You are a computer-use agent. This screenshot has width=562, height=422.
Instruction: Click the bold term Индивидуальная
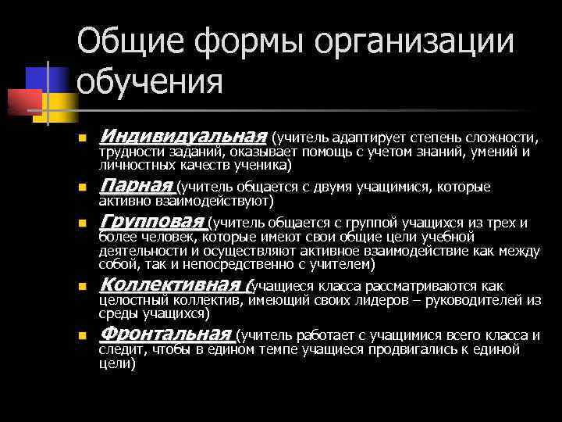pyautogui.click(x=183, y=138)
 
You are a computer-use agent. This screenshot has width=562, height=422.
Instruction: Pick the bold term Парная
pyautogui.click(x=136, y=186)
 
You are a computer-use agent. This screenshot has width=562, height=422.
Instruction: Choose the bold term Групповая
pyautogui.click(x=151, y=222)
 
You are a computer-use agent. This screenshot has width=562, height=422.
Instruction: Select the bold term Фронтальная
pyautogui.click(x=166, y=334)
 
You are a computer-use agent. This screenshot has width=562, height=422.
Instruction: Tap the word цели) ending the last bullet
pyautogui.click(x=117, y=363)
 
